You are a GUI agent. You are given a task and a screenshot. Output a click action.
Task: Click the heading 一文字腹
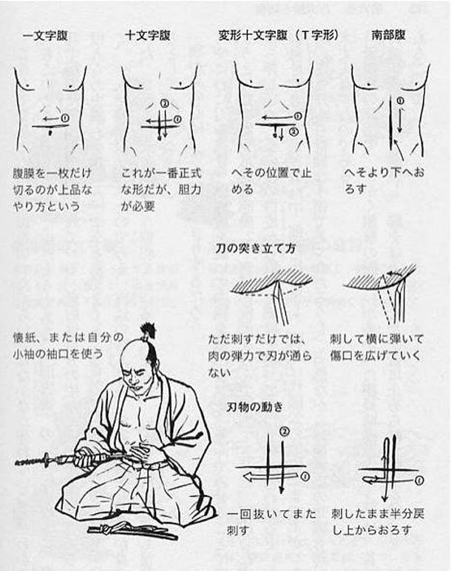point(46,35)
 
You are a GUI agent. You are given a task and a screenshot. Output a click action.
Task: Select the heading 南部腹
point(388,35)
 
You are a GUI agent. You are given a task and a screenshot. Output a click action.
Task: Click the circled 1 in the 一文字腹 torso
point(64,117)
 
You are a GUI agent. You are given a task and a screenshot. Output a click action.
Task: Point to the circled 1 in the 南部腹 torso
point(400,100)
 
